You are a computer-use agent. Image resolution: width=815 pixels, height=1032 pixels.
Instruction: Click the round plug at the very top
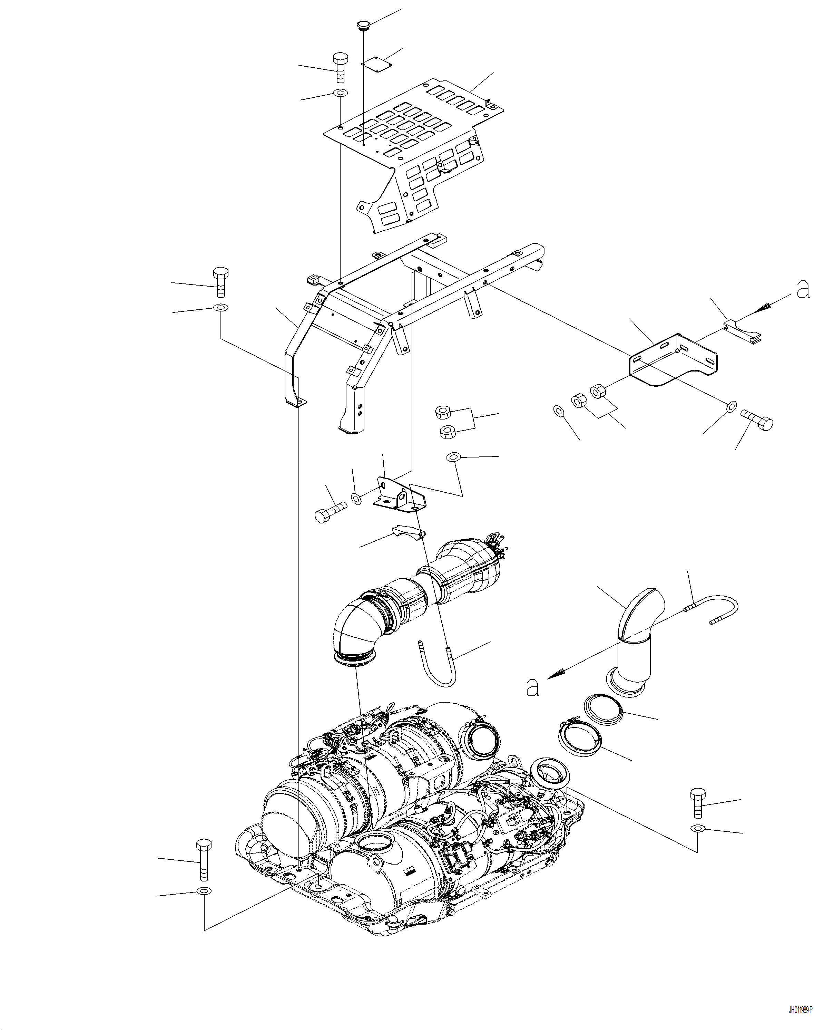click(x=364, y=25)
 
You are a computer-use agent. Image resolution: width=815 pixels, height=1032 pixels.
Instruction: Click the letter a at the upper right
click(x=803, y=290)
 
